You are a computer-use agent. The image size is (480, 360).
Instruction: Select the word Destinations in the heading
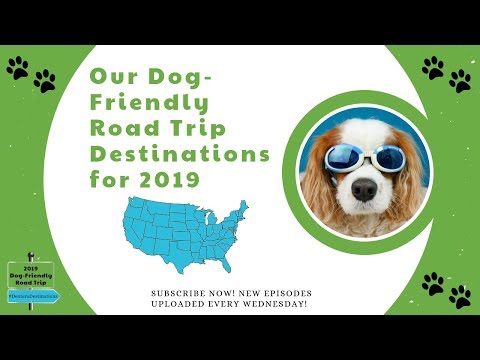[x=180, y=155]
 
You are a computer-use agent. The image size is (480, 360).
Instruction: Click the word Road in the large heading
[x=122, y=129]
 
